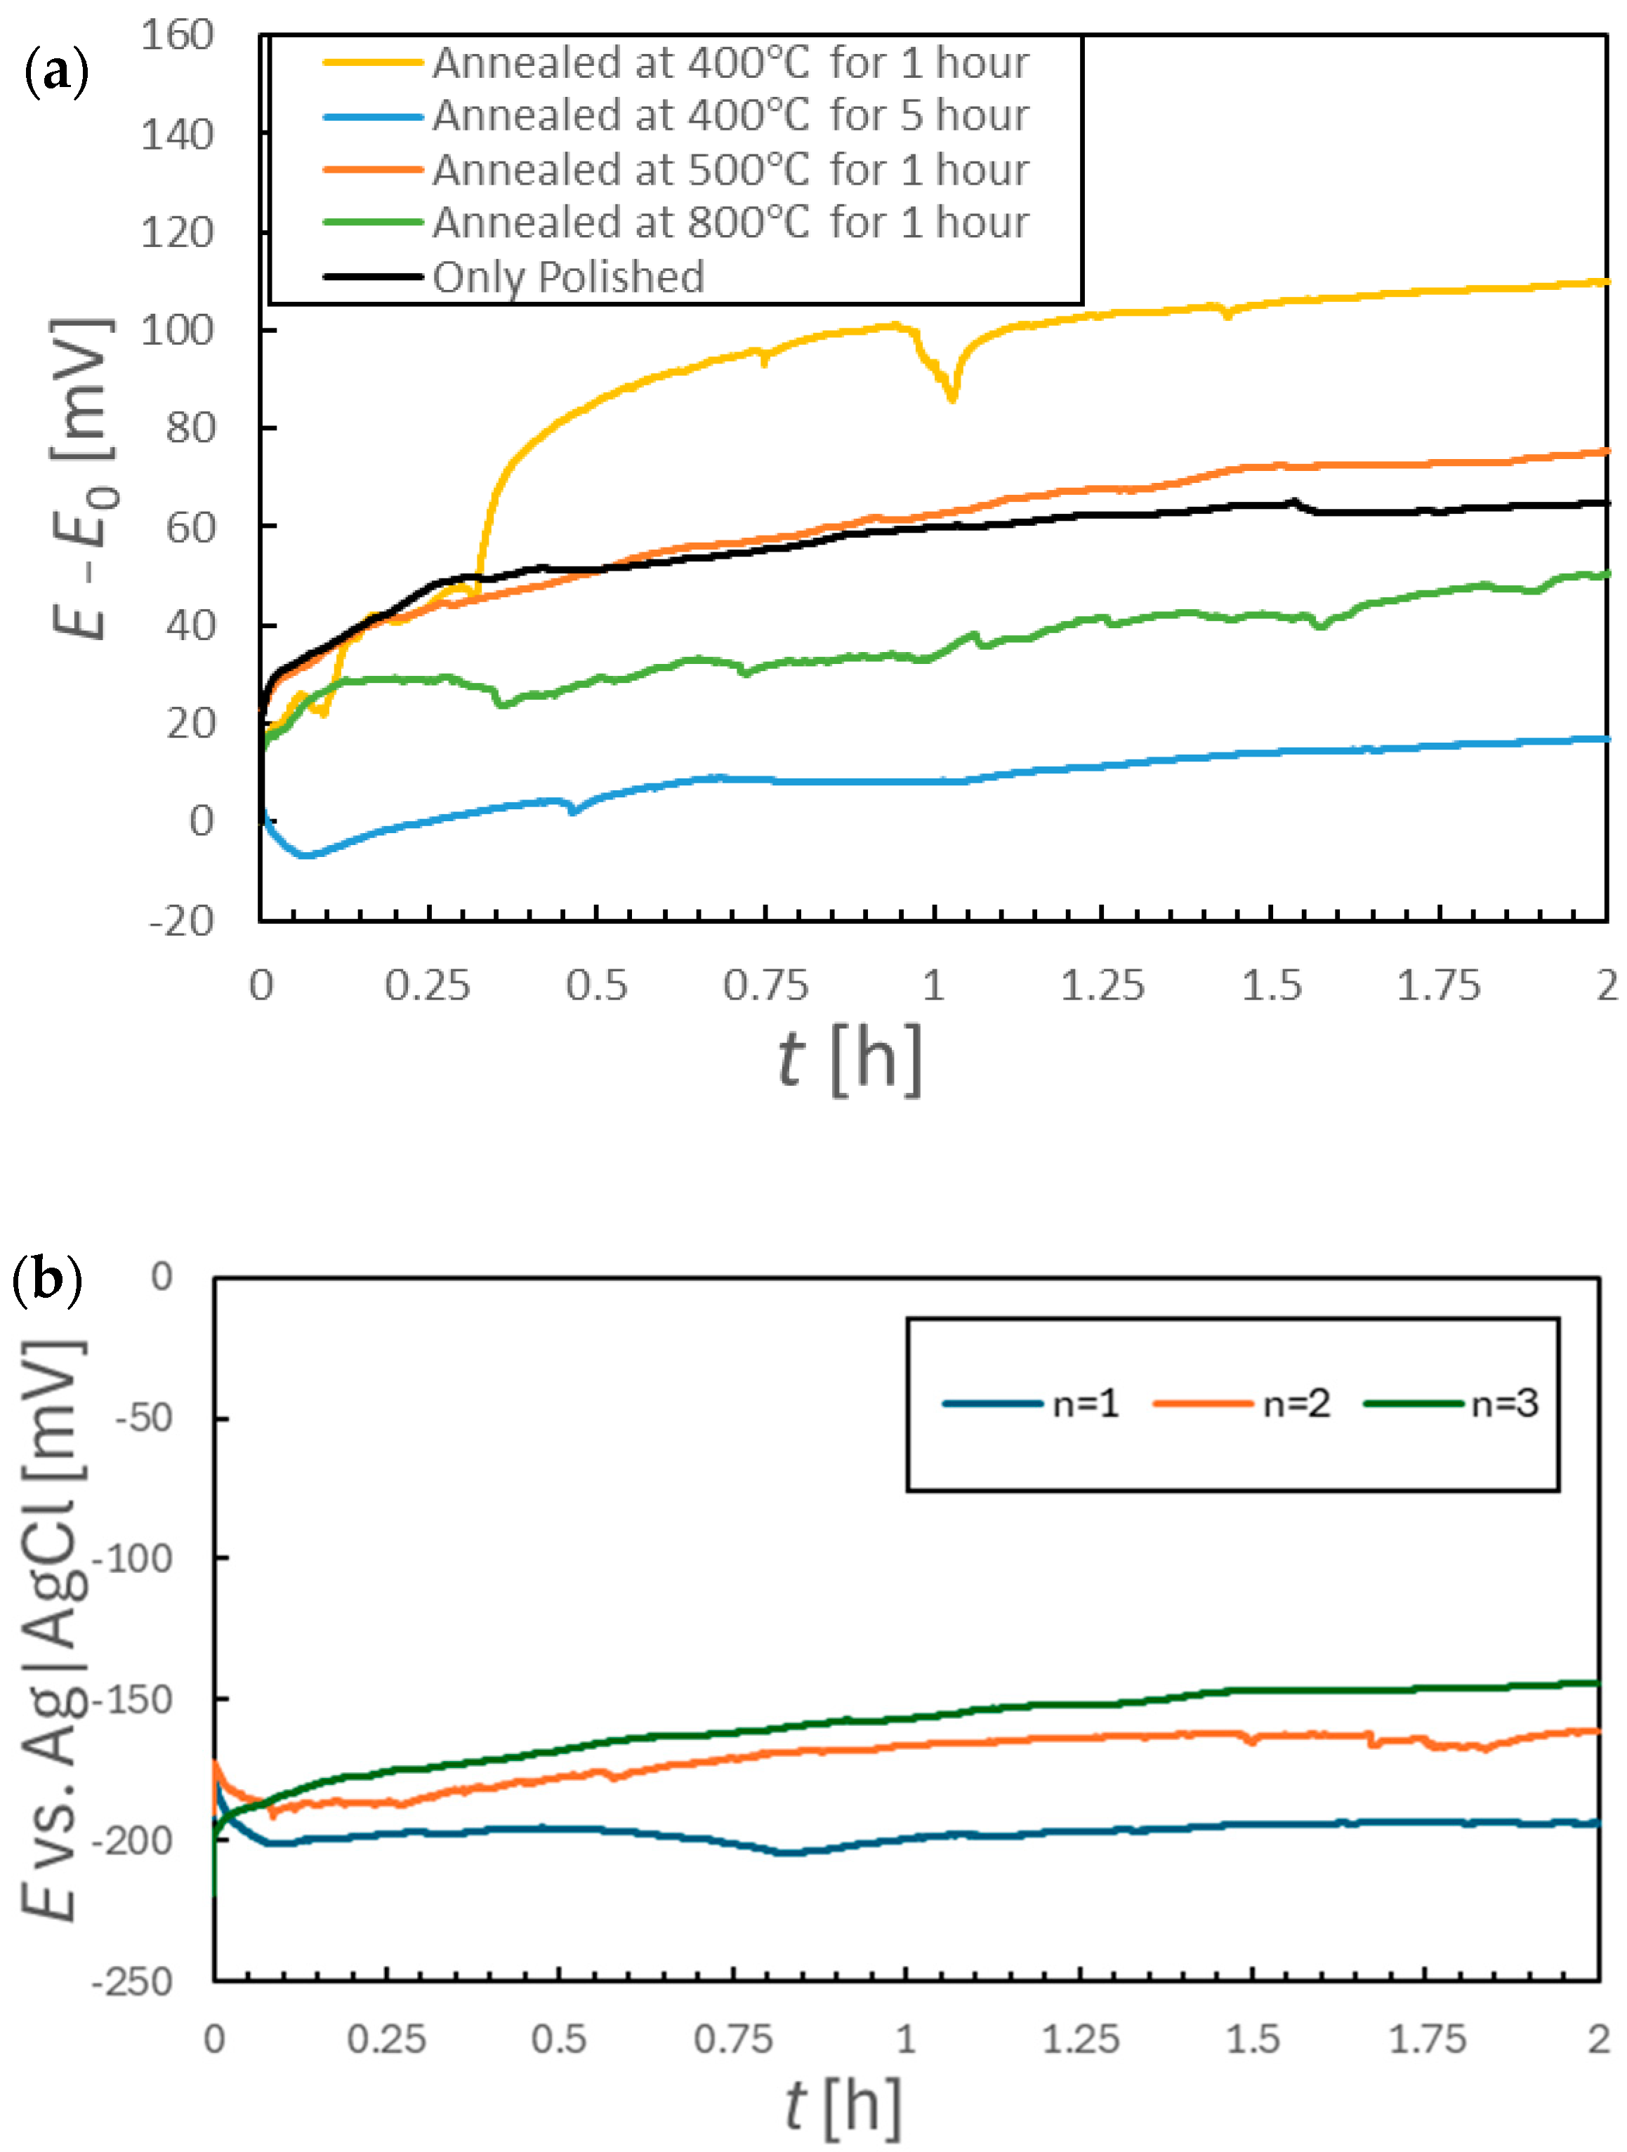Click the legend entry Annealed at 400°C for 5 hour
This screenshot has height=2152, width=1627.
[x=730, y=116]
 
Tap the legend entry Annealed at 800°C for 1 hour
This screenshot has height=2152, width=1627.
[x=730, y=222]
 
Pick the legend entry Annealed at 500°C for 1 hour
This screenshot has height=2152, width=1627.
[x=730, y=169]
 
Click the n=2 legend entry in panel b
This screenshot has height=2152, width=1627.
[x=1294, y=1404]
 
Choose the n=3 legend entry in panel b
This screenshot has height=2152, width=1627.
[x=1503, y=1404]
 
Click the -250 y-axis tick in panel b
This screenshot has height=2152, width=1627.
[x=133, y=1981]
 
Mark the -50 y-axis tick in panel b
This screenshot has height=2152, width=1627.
[x=144, y=1418]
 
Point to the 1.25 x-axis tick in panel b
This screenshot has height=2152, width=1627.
[x=1080, y=2038]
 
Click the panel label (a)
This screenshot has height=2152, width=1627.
[x=56, y=73]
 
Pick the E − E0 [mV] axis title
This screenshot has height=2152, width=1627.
[x=83, y=477]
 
